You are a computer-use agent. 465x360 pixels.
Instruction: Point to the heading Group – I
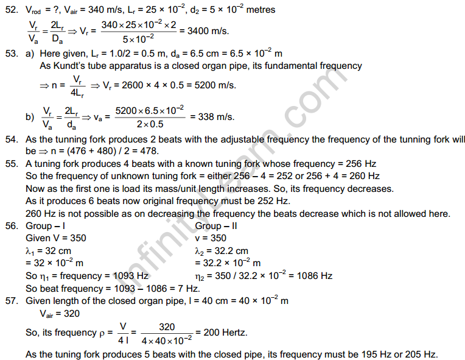pos(47,226)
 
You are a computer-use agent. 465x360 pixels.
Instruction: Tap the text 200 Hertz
pos(228,333)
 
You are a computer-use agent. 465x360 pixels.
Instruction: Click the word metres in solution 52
pos(258,10)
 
